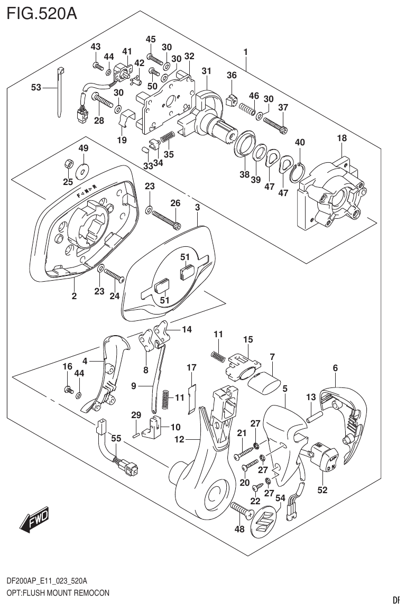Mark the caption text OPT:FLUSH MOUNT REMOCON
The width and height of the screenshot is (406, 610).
[58, 593]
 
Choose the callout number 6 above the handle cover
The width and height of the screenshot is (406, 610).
[335, 368]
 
